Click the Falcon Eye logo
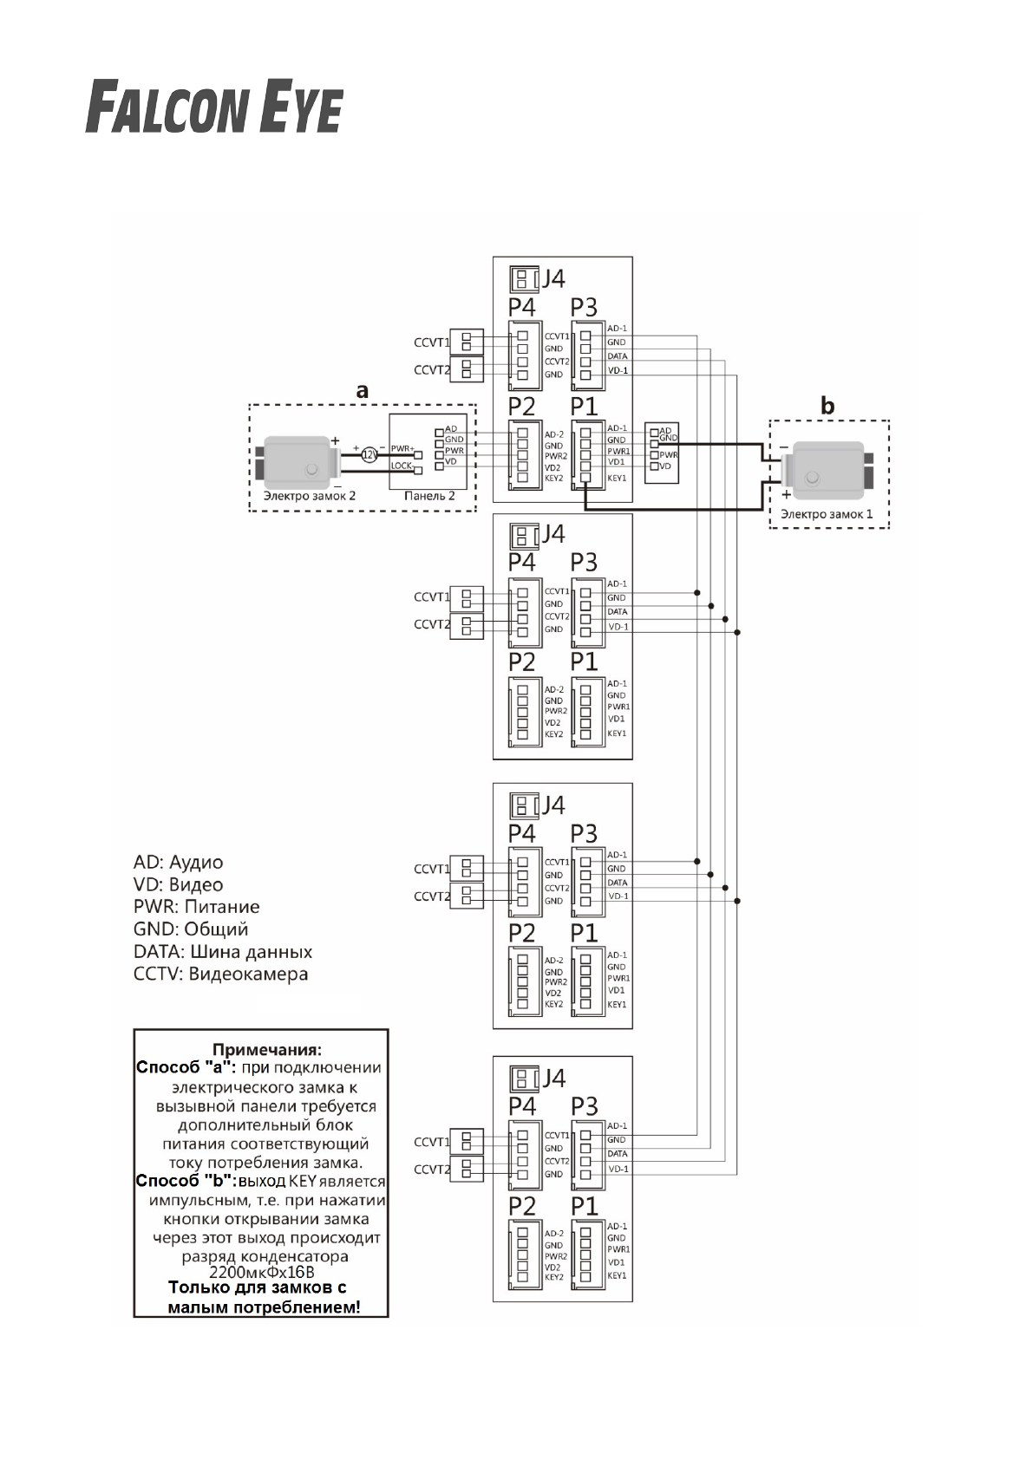pos(213,108)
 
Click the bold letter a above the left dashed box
pos(363,391)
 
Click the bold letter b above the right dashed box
pos(828,405)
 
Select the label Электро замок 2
pos(309,497)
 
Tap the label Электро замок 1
pos(827,514)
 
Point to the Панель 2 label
pos(429,497)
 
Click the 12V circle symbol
pos(369,453)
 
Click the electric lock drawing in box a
pos(296,459)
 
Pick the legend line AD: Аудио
pos(178,863)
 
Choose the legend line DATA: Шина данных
pos(223,951)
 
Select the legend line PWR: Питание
pos(196,907)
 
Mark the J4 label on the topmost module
pos(553,278)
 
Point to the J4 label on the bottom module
pos(553,1078)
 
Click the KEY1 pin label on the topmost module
pos(617,478)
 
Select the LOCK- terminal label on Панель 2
pos(402,466)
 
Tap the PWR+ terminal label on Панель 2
pos(402,448)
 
